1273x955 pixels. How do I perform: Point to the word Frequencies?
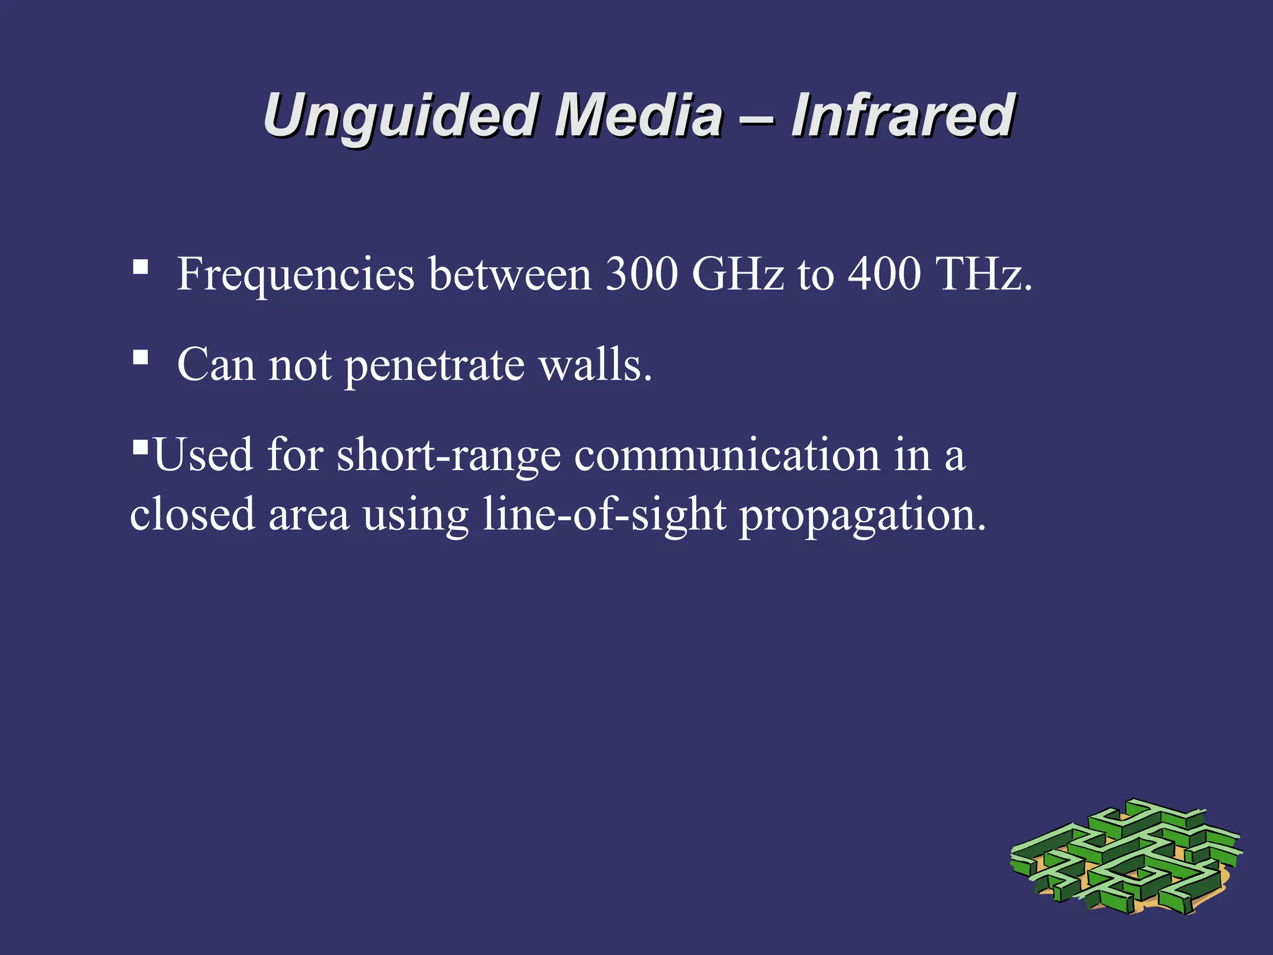click(295, 274)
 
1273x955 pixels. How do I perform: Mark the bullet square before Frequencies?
click(140, 267)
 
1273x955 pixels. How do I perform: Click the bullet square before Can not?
click(140, 358)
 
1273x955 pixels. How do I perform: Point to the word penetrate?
click(434, 366)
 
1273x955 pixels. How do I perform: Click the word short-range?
click(448, 456)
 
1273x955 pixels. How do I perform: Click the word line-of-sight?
click(604, 515)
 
